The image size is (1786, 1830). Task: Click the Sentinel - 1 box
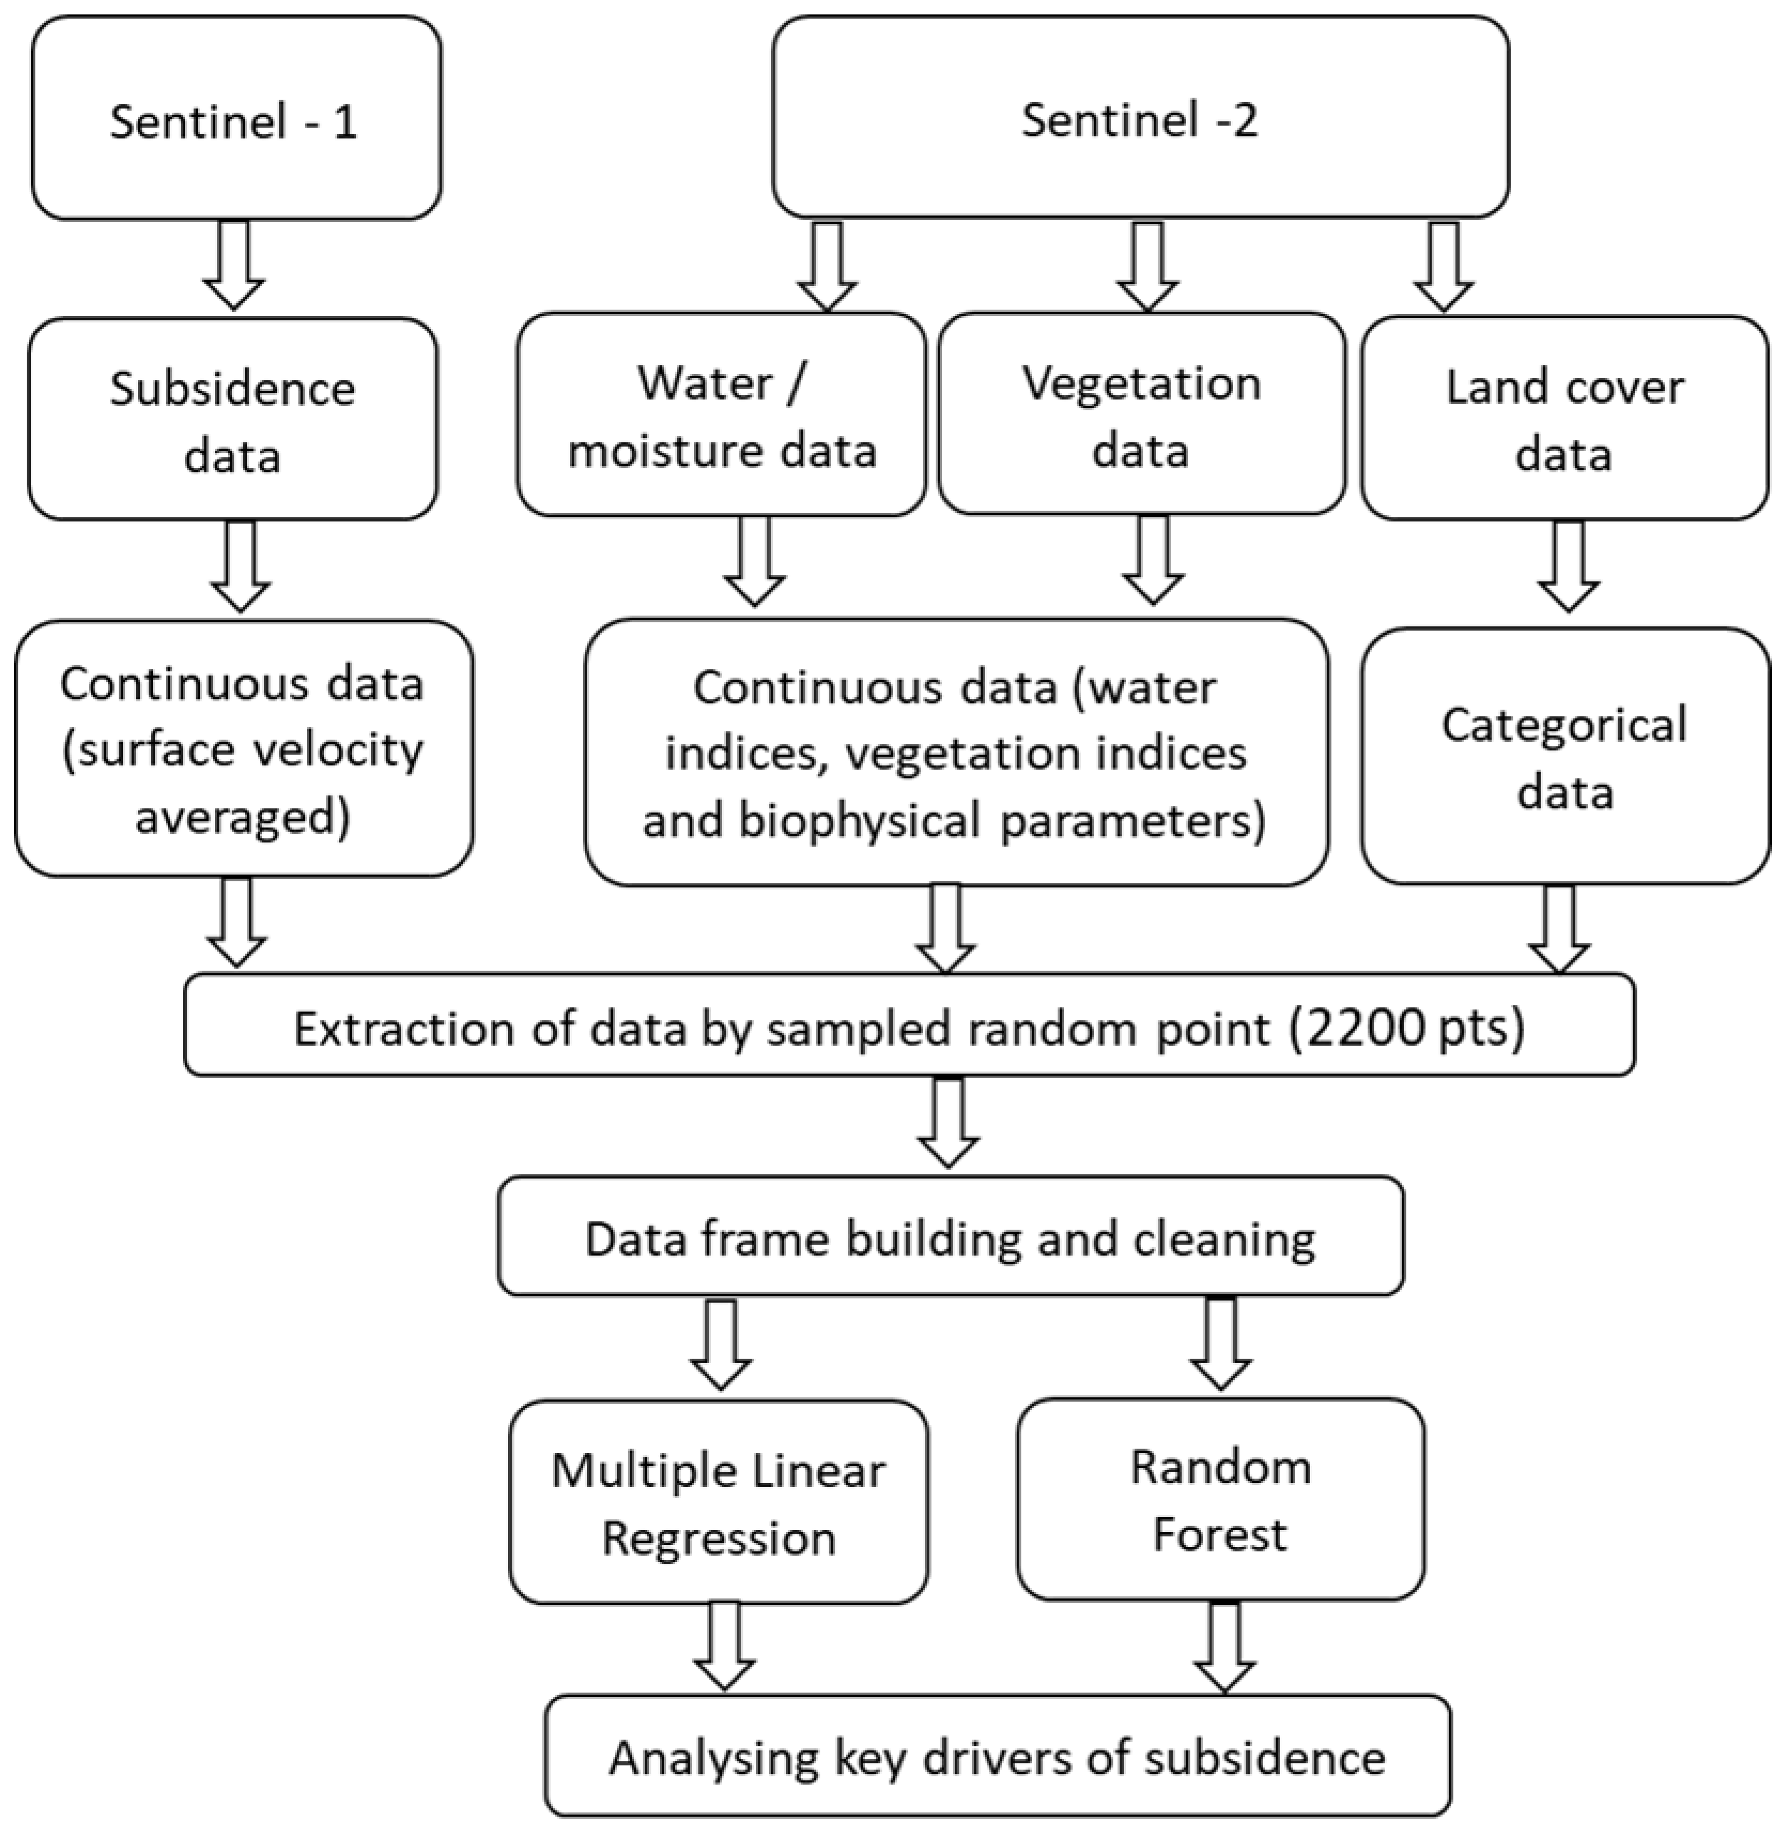tap(235, 119)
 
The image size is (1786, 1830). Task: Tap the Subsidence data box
tap(233, 419)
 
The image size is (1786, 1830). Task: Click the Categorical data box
tap(1565, 756)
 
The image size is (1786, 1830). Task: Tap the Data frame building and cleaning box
tap(950, 1237)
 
